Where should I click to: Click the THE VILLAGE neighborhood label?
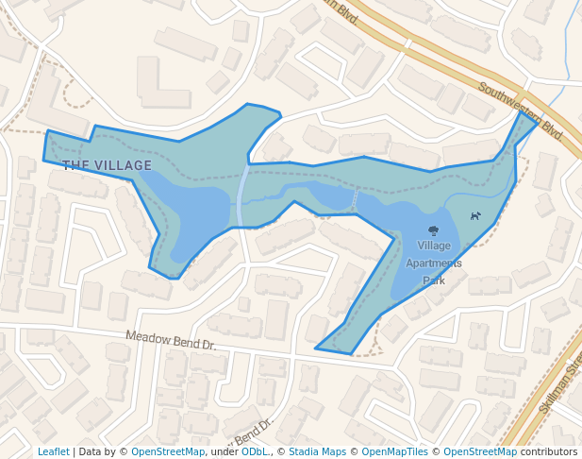click(107, 165)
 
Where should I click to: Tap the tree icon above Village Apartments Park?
click(433, 230)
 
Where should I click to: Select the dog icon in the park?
click(475, 215)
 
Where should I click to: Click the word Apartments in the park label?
click(433, 263)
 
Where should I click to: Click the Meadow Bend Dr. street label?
click(171, 340)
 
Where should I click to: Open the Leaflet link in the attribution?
click(54, 451)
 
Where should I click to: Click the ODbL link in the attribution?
click(254, 451)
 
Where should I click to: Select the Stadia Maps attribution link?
click(317, 451)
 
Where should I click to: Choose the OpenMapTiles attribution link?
click(394, 451)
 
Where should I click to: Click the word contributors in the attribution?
click(548, 451)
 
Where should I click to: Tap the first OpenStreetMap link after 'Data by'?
click(167, 451)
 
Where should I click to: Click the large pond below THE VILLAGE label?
click(198, 217)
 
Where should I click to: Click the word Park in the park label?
click(433, 280)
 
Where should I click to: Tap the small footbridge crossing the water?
click(356, 200)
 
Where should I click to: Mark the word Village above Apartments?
click(434, 246)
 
